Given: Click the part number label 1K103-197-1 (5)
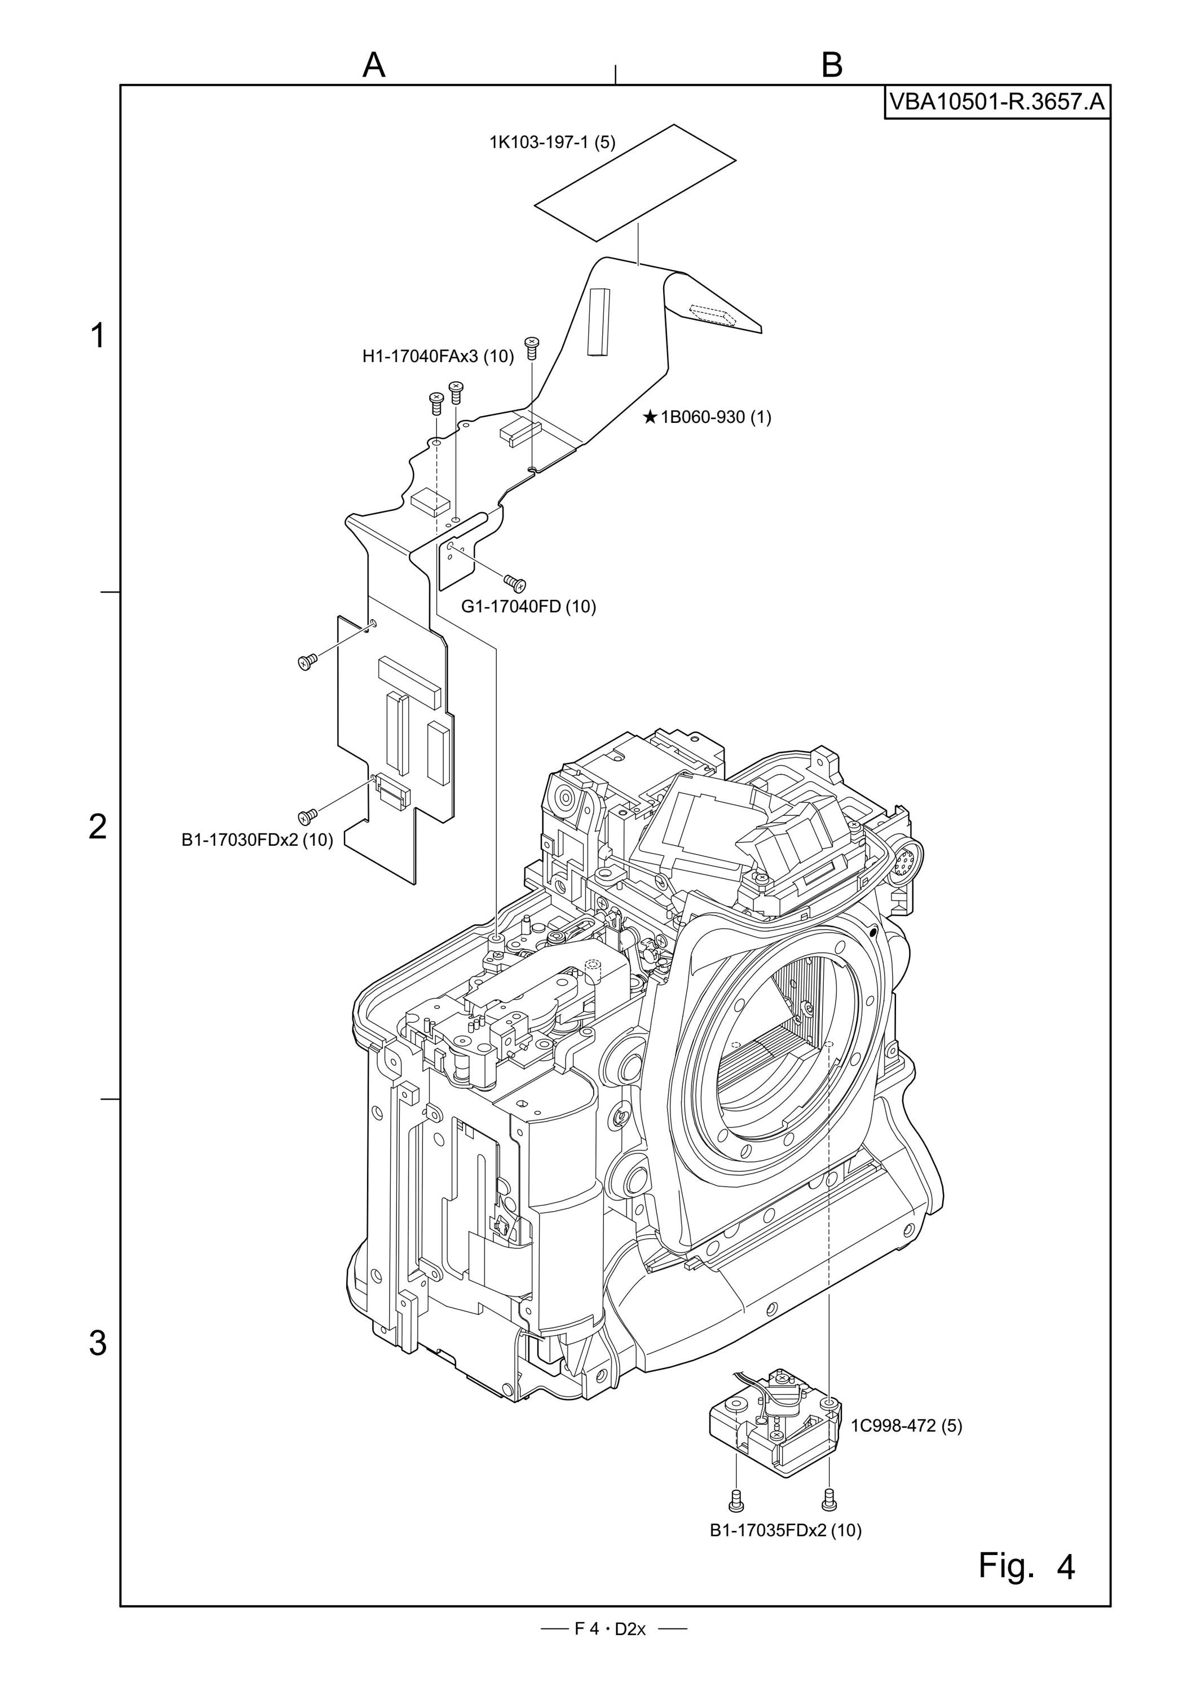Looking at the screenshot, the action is coord(553,142).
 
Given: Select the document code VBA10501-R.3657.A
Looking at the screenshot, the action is coord(997,101).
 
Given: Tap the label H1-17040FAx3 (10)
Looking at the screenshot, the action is coord(438,356).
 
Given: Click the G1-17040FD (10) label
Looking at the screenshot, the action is coord(529,606).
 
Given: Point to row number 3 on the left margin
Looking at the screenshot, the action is coord(98,1343).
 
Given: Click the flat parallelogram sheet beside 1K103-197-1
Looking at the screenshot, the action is coord(635,183).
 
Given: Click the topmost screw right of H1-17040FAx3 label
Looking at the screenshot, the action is coord(532,347).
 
